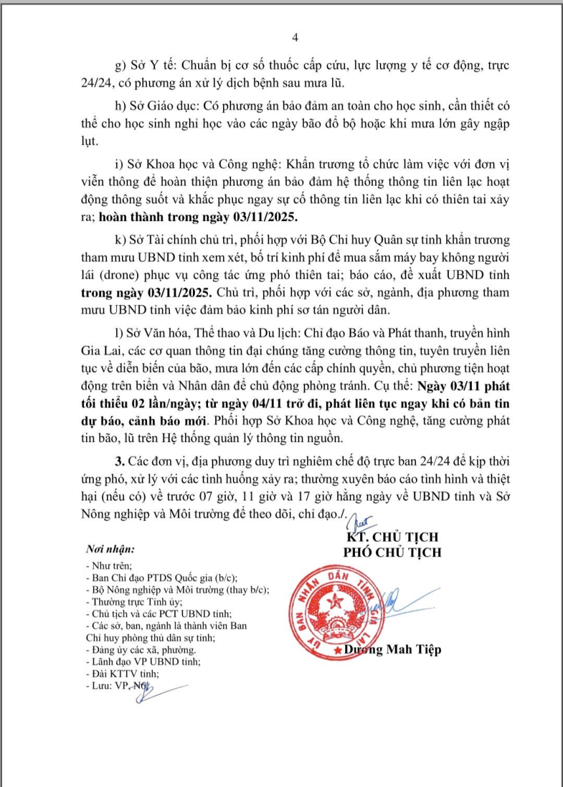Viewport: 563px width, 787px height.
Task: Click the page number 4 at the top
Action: point(295,38)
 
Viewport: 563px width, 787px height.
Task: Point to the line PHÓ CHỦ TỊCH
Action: point(392,552)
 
